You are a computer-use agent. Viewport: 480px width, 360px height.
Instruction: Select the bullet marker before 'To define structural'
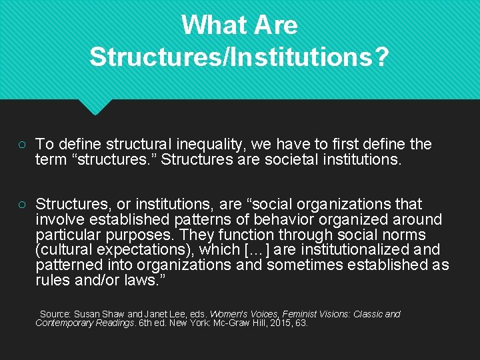(22, 145)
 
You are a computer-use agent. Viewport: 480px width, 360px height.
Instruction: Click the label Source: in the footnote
(55, 314)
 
